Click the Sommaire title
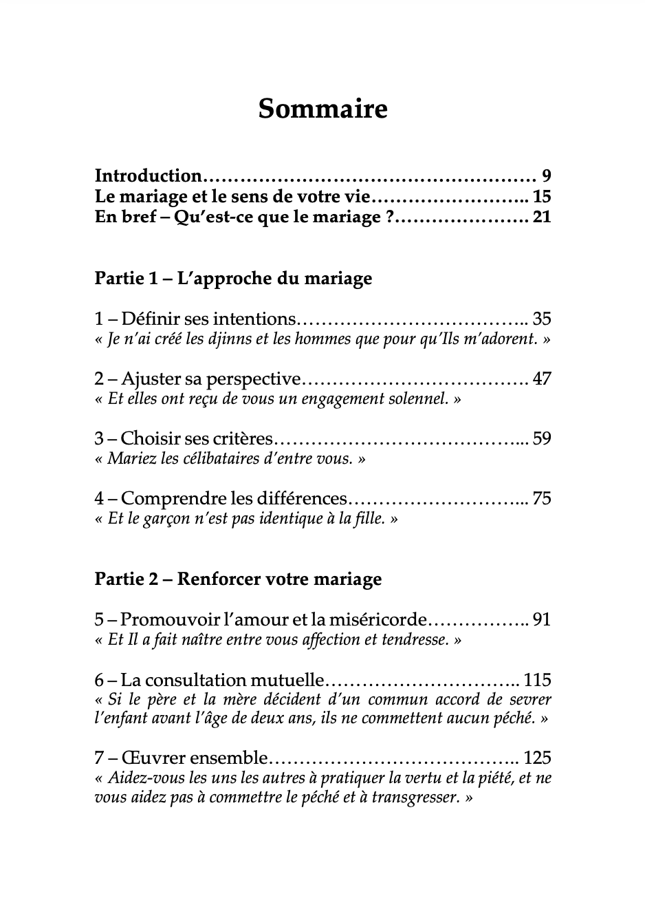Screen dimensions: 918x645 pyautogui.click(x=322, y=109)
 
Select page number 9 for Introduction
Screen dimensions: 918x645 pyautogui.click(x=546, y=175)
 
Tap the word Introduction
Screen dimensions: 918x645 pyautogui.click(x=148, y=175)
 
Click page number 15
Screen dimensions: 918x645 pyautogui.click(x=542, y=197)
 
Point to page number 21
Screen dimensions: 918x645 pyautogui.click(x=542, y=218)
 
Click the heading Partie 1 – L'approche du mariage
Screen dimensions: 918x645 pyautogui.click(x=233, y=278)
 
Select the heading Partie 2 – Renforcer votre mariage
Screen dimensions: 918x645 pyautogui.click(x=238, y=579)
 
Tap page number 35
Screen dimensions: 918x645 pyautogui.click(x=542, y=319)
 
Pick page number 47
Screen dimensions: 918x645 pyautogui.click(x=542, y=378)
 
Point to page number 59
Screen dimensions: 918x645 pyautogui.click(x=542, y=438)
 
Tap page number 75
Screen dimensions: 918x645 pyautogui.click(x=542, y=499)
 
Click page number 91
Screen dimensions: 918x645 pyautogui.click(x=542, y=619)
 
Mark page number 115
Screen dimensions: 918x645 pyautogui.click(x=538, y=680)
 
